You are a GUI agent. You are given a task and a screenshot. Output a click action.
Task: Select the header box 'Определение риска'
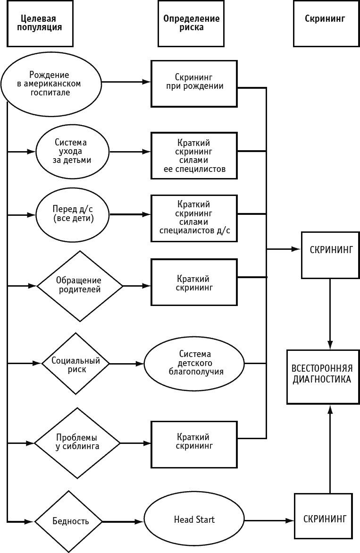[192, 23]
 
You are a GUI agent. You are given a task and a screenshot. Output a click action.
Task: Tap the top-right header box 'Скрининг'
[325, 23]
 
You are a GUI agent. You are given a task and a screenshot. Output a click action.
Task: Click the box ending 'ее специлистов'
[193, 155]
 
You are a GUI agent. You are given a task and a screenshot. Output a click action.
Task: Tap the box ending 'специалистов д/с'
[193, 218]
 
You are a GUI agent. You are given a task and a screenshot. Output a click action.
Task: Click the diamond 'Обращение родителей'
[79, 285]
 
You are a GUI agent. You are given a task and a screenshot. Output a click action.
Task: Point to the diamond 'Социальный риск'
[75, 364]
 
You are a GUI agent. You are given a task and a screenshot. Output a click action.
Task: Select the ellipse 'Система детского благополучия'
[195, 363]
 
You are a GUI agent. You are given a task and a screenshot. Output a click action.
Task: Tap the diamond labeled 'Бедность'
[69, 521]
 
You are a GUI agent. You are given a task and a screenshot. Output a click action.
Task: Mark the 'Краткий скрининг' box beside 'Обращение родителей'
[193, 283]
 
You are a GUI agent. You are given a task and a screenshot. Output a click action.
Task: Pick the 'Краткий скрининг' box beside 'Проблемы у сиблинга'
[193, 442]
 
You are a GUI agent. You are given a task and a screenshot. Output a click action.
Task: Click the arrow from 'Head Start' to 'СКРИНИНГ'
[269, 521]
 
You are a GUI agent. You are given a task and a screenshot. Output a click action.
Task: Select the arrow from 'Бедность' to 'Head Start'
[123, 521]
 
